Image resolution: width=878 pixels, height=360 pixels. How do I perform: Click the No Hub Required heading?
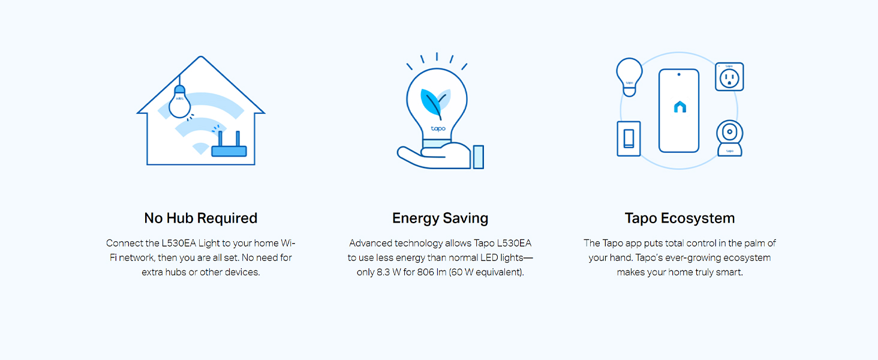[200, 218]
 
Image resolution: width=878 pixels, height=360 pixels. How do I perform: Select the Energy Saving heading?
[440, 218]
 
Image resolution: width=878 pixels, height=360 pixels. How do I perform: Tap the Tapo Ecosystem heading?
[679, 218]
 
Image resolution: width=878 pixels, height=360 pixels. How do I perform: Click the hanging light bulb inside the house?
[179, 101]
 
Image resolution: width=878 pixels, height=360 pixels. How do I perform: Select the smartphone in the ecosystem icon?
[679, 110]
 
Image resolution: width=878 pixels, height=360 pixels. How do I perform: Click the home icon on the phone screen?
[679, 107]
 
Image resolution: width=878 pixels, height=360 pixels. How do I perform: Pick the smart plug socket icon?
[729, 77]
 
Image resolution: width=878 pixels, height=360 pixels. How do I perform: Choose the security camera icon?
[729, 137]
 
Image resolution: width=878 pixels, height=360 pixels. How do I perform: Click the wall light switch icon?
[629, 139]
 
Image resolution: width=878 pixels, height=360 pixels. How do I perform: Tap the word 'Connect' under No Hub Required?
[124, 243]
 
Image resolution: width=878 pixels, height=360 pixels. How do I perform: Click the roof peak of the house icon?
[200, 58]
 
